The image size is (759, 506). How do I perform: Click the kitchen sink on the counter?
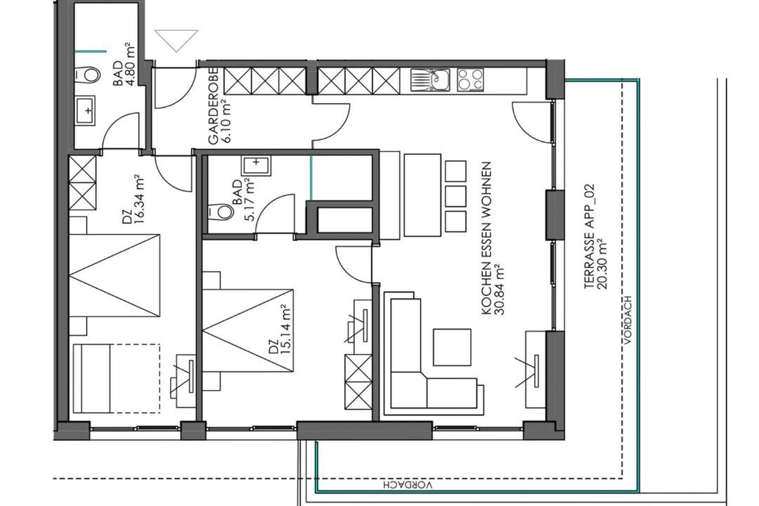click(x=430, y=80)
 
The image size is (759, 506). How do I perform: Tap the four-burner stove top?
click(x=470, y=80)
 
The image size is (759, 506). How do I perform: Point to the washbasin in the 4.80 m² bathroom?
click(x=86, y=110)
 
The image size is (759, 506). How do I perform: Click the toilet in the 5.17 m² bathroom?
click(x=221, y=211)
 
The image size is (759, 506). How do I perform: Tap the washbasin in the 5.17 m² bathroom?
click(x=256, y=166)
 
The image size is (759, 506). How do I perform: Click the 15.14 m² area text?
click(x=285, y=330)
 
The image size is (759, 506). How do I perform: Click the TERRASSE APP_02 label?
click(x=590, y=236)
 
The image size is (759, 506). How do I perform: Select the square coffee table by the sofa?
click(x=452, y=347)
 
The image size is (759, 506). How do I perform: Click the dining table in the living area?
click(x=422, y=195)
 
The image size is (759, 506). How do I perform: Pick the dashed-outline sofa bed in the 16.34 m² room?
click(x=117, y=378)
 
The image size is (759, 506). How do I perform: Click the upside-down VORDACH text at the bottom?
click(x=408, y=484)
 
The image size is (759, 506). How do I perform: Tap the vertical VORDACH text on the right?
click(x=628, y=320)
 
